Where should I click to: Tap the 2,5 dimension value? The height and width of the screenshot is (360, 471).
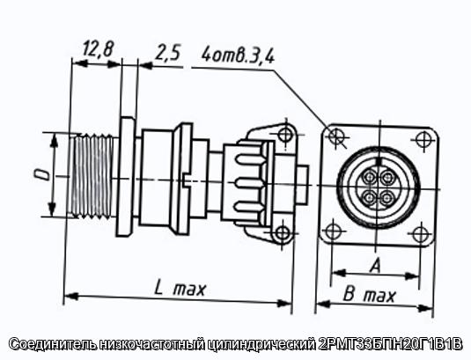point(167,53)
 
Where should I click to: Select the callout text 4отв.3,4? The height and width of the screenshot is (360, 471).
point(238,55)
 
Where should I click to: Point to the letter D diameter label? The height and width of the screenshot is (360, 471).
point(44,174)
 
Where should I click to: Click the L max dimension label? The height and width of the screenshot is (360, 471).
point(180,289)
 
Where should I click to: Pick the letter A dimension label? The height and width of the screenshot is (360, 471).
point(375,267)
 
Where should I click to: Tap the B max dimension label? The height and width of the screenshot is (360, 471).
point(369,295)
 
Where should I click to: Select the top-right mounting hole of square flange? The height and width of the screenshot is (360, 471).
point(423,139)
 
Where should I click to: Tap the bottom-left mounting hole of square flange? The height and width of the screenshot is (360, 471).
point(333,231)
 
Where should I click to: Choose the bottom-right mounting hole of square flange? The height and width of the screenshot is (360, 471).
point(420,234)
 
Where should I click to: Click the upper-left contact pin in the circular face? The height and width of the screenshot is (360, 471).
point(369,177)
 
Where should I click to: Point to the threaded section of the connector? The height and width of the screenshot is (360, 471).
point(92,176)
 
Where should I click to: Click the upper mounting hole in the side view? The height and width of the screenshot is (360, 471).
point(284,134)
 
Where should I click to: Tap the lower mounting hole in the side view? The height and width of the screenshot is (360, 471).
point(282,233)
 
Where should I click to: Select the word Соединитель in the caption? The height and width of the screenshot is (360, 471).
point(53,344)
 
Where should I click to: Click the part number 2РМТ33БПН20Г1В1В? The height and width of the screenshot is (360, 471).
point(390,344)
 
